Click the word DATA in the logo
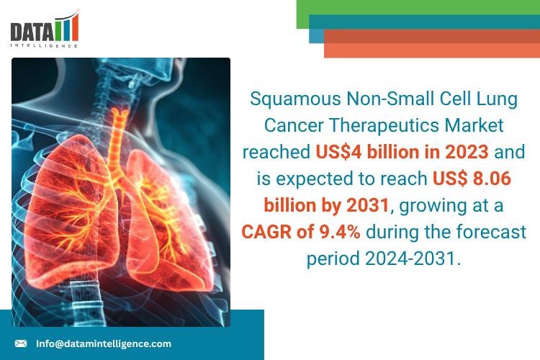tap(32, 32)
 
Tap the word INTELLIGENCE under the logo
tap(44, 45)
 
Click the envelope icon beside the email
tap(21, 343)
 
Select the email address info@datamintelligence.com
tap(104, 343)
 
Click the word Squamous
tap(295, 99)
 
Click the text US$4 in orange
tap(338, 152)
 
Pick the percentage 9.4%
tap(340, 232)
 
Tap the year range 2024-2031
tap(413, 258)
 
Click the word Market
tap(474, 125)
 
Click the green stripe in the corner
tap(418, 7)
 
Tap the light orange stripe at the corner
tap(432, 50)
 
